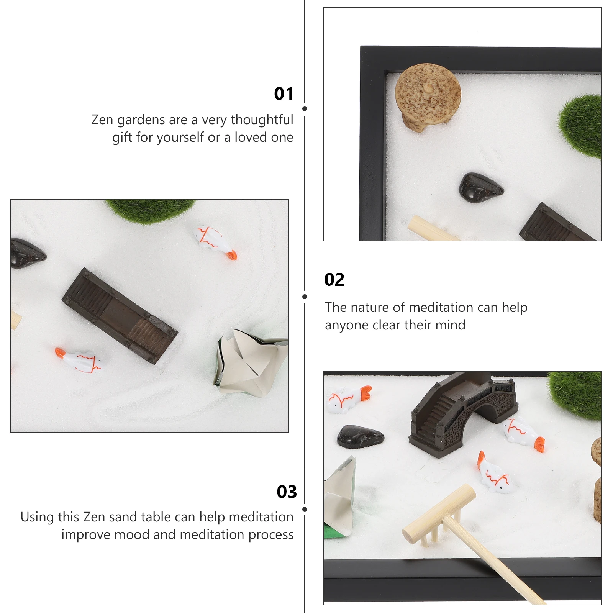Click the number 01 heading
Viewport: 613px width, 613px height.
[x=284, y=93]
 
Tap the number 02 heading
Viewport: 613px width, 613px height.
[x=334, y=280]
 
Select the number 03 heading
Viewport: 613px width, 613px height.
[x=287, y=492]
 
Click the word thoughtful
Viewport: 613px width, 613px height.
[x=262, y=120]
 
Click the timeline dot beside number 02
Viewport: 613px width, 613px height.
[x=305, y=297]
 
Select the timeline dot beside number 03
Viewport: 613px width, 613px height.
[x=305, y=509]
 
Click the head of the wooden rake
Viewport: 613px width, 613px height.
[x=439, y=513]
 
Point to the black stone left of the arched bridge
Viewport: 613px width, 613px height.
[x=360, y=436]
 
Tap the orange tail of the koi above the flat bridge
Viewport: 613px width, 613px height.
[x=231, y=255]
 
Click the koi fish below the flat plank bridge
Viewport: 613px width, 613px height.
[x=79, y=360]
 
